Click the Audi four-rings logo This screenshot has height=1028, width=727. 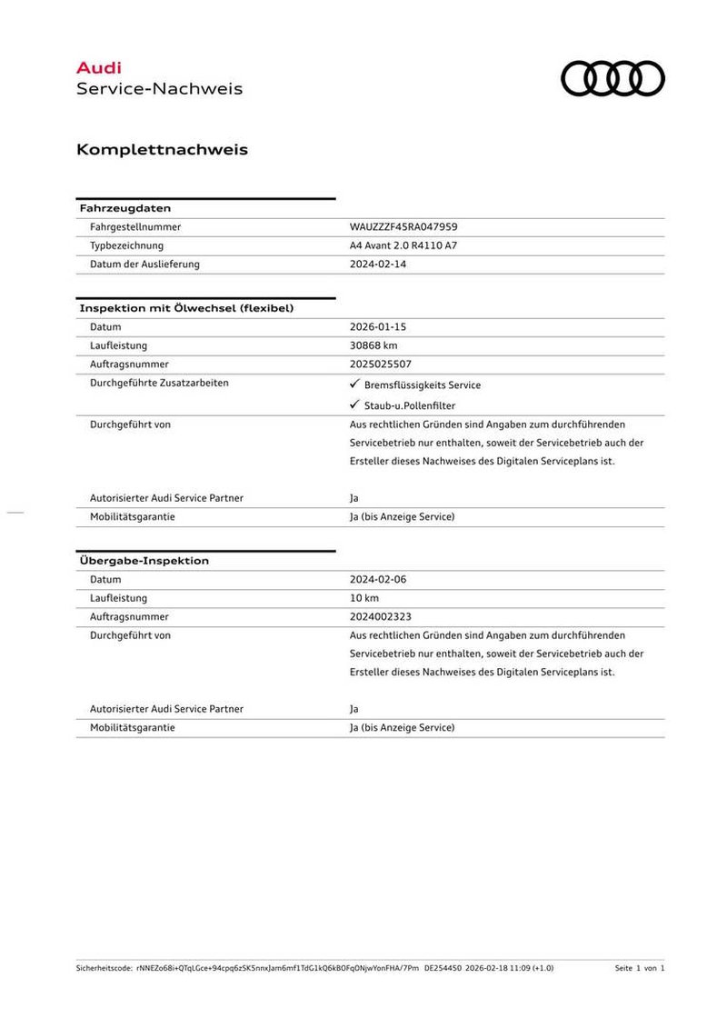[612, 78]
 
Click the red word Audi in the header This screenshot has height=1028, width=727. [98, 67]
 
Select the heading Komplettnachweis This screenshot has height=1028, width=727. [162, 149]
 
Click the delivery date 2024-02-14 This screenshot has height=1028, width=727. [378, 264]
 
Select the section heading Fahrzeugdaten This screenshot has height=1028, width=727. [125, 208]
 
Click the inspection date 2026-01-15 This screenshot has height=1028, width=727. [378, 326]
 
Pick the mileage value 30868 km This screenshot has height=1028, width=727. [373, 345]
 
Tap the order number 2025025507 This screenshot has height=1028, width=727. [381, 364]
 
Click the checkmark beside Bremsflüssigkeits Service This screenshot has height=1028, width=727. [355, 384]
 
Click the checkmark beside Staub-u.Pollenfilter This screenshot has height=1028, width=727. [355, 405]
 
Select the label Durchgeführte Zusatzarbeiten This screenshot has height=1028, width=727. [159, 383]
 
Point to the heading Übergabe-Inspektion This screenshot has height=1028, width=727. [144, 561]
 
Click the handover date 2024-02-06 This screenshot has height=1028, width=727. [378, 579]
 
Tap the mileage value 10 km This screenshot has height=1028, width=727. [363, 598]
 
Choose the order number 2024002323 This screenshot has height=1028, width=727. [381, 616]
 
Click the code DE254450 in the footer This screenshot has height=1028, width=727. [443, 968]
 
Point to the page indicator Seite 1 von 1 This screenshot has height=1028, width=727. [640, 968]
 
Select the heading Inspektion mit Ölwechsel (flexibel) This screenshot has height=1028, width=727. [186, 308]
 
